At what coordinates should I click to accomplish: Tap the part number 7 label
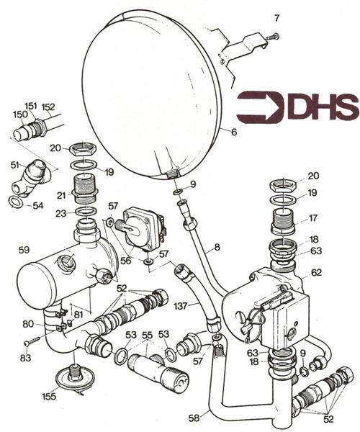pos(276,18)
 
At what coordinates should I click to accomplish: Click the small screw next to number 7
pos(273,36)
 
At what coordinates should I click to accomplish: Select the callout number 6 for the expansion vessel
pos(234,132)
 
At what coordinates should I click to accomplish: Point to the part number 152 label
pos(48,107)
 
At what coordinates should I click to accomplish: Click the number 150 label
pos(20,114)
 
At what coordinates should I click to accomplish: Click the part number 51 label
pos(15,165)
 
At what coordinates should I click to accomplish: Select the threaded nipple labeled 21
pos(86,186)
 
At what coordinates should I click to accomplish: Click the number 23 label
pos(61,213)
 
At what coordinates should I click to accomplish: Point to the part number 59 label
pos(24,250)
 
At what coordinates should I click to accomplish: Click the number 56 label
pos(126,261)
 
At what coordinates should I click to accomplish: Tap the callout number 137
pos(181,306)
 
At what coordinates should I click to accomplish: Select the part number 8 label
pos(217,247)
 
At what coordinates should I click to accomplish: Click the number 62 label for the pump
pos(316,272)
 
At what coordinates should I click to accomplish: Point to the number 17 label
pos(313,218)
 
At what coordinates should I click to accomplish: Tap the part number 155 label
pos(49,397)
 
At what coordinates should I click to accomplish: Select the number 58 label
pos(194,418)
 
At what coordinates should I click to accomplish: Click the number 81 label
pos(78,315)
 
